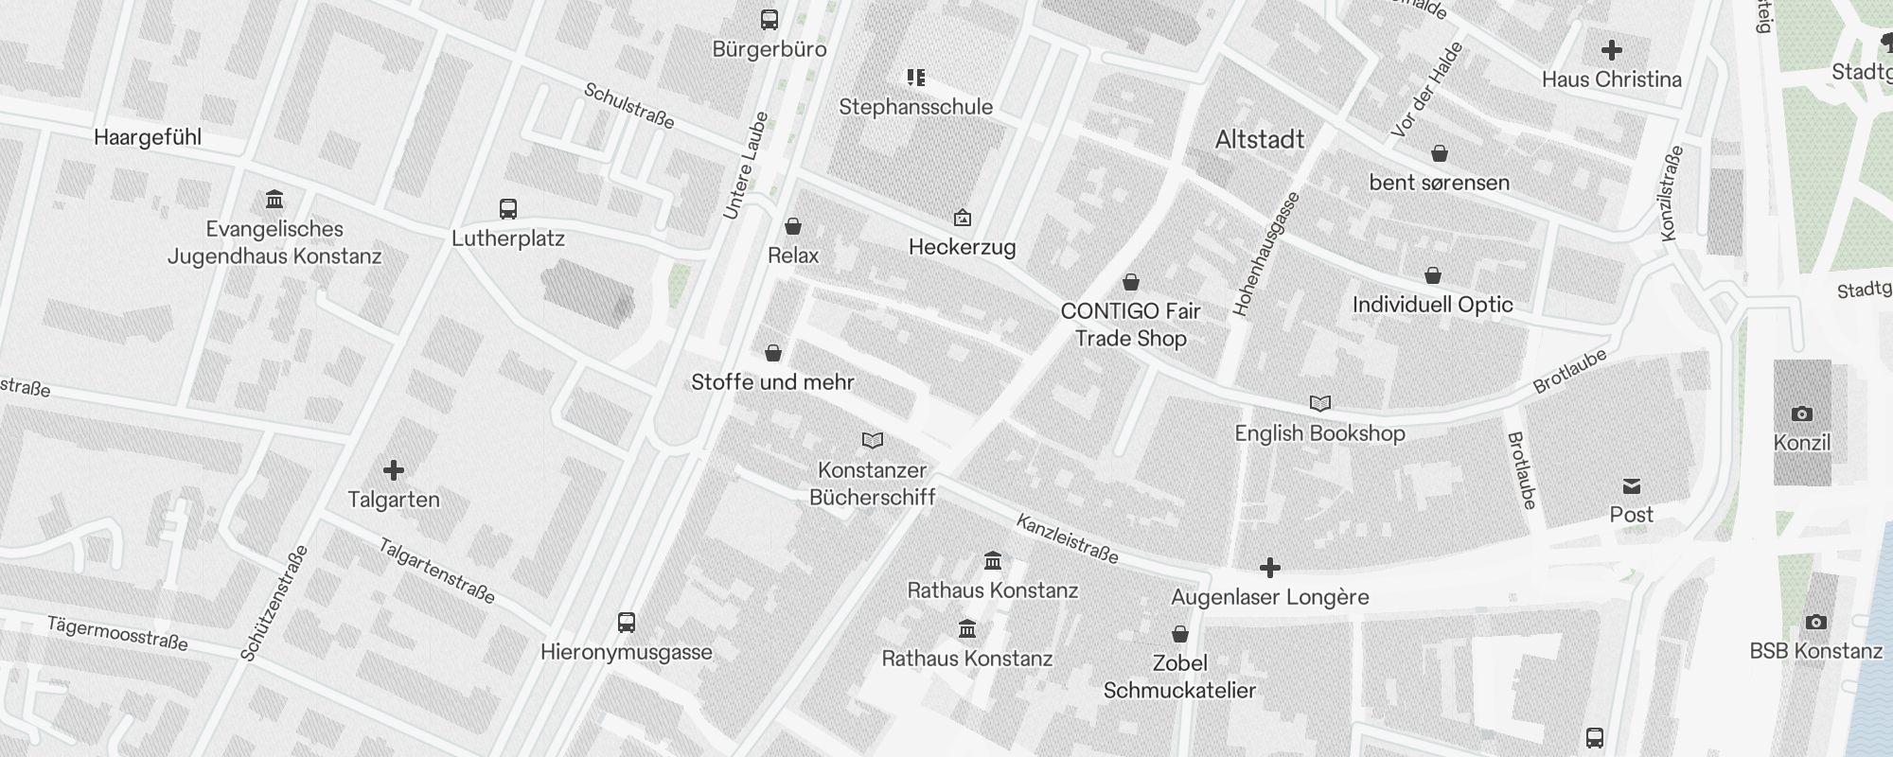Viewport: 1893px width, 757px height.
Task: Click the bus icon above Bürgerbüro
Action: click(x=770, y=19)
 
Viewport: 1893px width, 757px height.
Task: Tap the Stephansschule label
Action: click(x=915, y=107)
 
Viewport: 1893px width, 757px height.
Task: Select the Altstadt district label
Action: click(x=1259, y=140)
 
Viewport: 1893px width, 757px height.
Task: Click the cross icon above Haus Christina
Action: click(x=1611, y=50)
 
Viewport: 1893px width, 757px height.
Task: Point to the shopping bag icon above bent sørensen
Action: click(x=1439, y=153)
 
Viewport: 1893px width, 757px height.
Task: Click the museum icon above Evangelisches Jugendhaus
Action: click(x=274, y=200)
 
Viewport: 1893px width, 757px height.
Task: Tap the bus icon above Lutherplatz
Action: click(x=508, y=209)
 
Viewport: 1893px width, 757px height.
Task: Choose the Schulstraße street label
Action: click(x=629, y=106)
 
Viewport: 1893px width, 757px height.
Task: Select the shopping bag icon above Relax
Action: click(x=793, y=226)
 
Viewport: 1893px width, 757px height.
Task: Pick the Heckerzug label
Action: click(x=962, y=248)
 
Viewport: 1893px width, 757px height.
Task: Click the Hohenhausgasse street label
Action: click(x=1266, y=254)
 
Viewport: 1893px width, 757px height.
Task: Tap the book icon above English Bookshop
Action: click(x=1319, y=404)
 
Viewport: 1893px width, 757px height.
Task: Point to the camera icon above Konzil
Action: click(x=1801, y=414)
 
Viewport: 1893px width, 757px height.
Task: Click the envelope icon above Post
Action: click(x=1631, y=486)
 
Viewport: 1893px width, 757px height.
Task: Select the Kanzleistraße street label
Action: click(x=1068, y=538)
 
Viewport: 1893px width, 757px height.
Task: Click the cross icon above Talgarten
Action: click(x=394, y=470)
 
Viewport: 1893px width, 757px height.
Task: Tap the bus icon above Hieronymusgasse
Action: click(x=626, y=623)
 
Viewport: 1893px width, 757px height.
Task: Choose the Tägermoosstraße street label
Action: click(x=117, y=633)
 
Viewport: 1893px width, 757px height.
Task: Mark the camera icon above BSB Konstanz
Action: click(x=1815, y=622)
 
